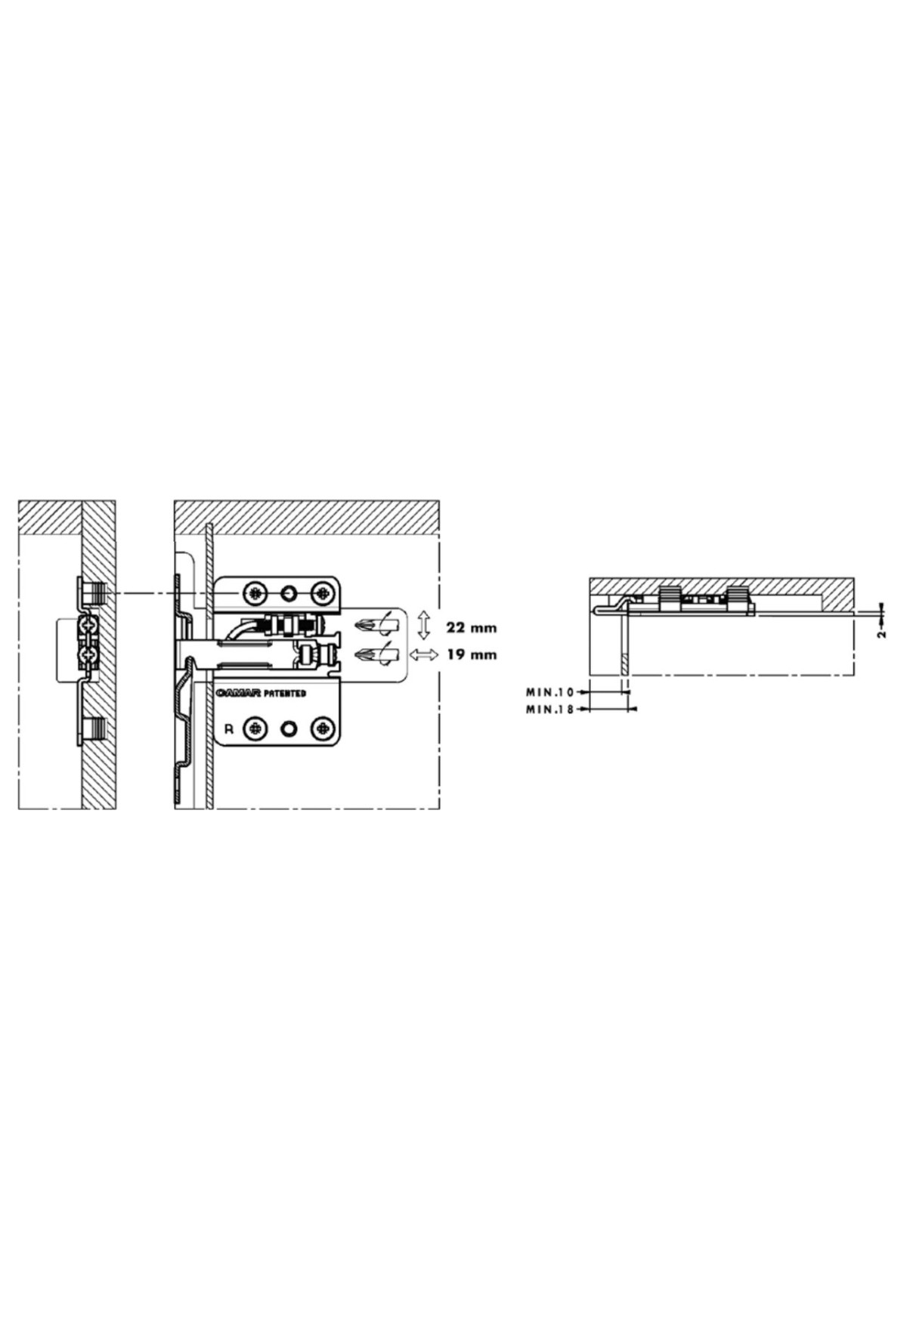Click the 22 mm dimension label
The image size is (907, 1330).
(x=472, y=628)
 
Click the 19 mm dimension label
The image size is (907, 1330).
(x=472, y=654)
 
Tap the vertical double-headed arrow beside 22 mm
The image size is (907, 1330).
(x=424, y=626)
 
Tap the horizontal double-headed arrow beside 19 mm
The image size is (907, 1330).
(x=424, y=654)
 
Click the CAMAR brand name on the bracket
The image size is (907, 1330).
(x=238, y=692)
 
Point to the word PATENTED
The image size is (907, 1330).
(x=285, y=692)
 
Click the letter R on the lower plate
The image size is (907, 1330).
(x=229, y=730)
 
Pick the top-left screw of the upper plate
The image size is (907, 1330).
(x=255, y=592)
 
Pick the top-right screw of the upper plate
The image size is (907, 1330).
(x=323, y=592)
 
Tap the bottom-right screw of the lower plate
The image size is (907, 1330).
(x=323, y=728)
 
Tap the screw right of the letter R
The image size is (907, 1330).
(x=255, y=728)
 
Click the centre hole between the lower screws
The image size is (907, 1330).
(x=289, y=728)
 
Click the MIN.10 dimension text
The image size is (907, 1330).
(x=550, y=691)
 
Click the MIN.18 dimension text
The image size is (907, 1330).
(x=550, y=709)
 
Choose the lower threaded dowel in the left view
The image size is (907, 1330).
(x=91, y=729)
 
